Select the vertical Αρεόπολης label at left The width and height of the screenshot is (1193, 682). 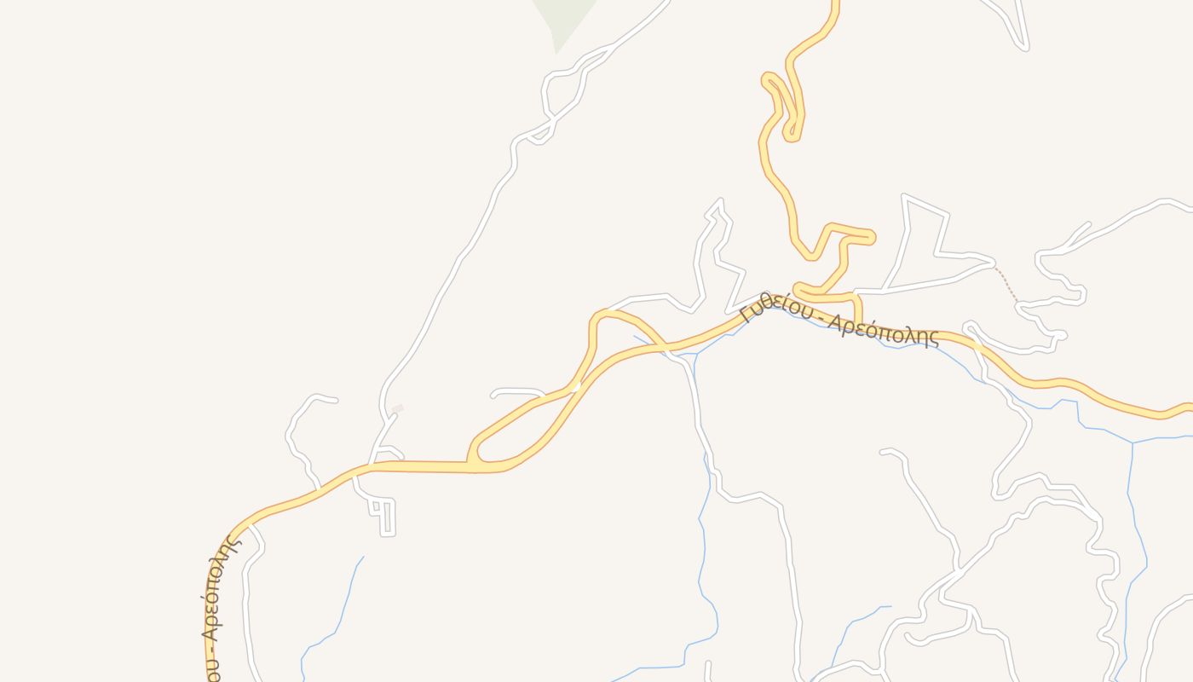(216, 588)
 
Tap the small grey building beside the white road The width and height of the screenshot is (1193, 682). (396, 409)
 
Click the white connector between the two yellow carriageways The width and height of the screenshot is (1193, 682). (576, 387)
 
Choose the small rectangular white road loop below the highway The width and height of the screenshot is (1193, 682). (385, 516)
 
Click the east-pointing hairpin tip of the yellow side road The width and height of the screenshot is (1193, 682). (870, 238)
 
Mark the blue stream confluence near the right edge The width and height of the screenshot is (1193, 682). (1133, 442)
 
